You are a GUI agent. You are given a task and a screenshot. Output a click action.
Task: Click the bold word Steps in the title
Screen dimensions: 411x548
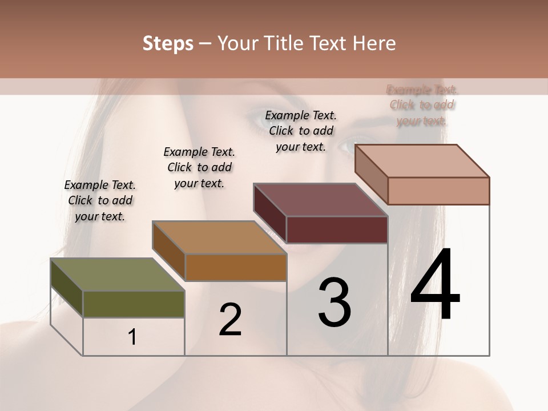(x=168, y=44)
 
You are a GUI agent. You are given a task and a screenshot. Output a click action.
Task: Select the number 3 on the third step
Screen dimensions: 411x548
(x=335, y=302)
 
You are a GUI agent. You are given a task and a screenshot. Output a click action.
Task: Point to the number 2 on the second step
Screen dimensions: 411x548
(x=231, y=320)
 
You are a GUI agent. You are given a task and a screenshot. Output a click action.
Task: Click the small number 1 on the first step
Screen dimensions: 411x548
(x=132, y=337)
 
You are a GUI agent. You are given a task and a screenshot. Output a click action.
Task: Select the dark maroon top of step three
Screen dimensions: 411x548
(x=320, y=200)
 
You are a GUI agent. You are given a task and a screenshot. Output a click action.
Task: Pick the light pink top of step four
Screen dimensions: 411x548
(x=422, y=161)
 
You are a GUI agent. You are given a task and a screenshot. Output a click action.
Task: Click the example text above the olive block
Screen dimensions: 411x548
(x=100, y=200)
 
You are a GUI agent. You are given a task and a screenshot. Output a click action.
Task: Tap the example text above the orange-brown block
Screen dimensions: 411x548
(x=199, y=167)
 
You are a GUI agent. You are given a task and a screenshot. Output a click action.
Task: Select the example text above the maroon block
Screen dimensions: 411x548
(x=301, y=131)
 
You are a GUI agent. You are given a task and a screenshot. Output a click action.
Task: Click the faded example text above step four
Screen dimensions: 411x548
(x=422, y=105)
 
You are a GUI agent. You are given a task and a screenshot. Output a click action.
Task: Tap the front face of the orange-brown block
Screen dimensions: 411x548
(x=236, y=268)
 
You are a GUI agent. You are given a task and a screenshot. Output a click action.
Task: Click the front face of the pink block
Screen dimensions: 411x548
(x=438, y=191)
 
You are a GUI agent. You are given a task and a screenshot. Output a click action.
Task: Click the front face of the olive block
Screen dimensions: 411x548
(x=134, y=304)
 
